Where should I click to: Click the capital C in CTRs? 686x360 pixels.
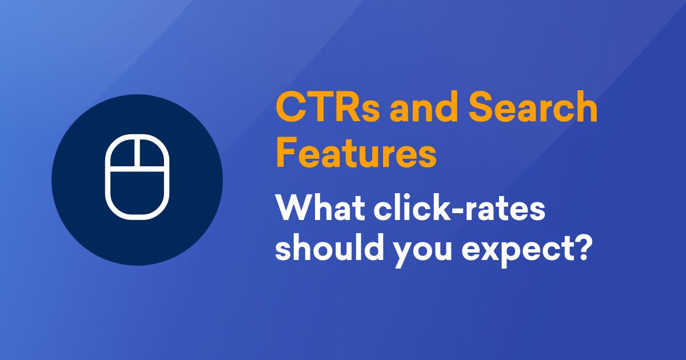click(290, 109)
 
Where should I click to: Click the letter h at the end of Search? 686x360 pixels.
click(586, 109)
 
